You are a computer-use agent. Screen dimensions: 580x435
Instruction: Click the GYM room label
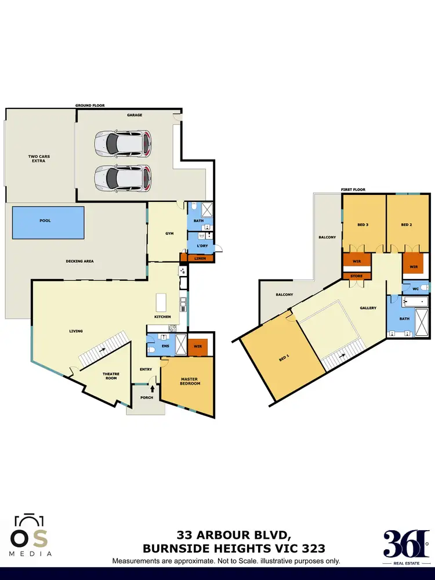169,234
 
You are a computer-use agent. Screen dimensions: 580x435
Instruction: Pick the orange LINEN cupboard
200,258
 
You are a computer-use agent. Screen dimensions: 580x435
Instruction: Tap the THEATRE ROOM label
111,375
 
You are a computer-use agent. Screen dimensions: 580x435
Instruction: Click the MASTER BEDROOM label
190,381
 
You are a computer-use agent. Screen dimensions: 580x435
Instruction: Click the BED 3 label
364,224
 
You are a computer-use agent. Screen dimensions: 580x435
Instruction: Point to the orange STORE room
356,276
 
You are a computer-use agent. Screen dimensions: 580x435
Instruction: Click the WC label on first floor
415,288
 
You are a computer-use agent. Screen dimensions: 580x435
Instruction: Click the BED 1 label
284,358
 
